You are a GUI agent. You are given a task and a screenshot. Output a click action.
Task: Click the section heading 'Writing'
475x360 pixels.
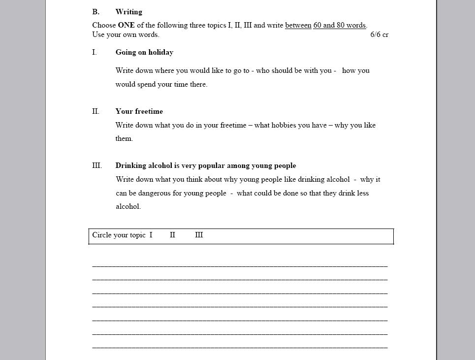point(128,12)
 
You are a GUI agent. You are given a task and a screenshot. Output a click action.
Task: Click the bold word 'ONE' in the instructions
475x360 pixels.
point(126,25)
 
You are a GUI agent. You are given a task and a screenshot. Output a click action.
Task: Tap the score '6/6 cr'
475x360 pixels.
point(379,34)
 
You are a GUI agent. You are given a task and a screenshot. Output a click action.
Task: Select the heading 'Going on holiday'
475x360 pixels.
point(144,52)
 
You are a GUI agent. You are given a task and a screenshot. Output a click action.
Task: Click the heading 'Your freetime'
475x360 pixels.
point(139,111)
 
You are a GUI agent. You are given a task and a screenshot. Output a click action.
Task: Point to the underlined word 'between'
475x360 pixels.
point(298,25)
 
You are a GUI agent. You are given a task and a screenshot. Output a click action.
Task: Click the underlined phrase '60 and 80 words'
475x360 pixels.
point(339,25)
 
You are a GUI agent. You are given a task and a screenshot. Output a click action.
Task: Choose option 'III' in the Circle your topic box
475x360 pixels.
point(199,235)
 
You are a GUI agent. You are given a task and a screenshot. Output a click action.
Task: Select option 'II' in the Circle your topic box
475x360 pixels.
point(172,235)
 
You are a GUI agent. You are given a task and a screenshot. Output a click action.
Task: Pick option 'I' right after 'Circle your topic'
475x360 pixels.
point(151,235)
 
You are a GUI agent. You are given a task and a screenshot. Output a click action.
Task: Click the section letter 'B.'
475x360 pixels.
point(95,12)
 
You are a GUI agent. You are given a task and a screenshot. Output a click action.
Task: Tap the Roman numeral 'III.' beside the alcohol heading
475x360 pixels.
point(97,165)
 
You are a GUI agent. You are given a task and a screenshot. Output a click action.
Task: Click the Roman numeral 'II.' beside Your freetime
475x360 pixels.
point(95,111)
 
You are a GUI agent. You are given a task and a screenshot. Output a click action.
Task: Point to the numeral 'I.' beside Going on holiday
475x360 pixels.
point(94,52)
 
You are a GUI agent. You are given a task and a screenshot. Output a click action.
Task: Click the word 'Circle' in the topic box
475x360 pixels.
point(102,235)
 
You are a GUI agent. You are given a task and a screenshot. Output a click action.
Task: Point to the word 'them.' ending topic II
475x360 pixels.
point(124,138)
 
